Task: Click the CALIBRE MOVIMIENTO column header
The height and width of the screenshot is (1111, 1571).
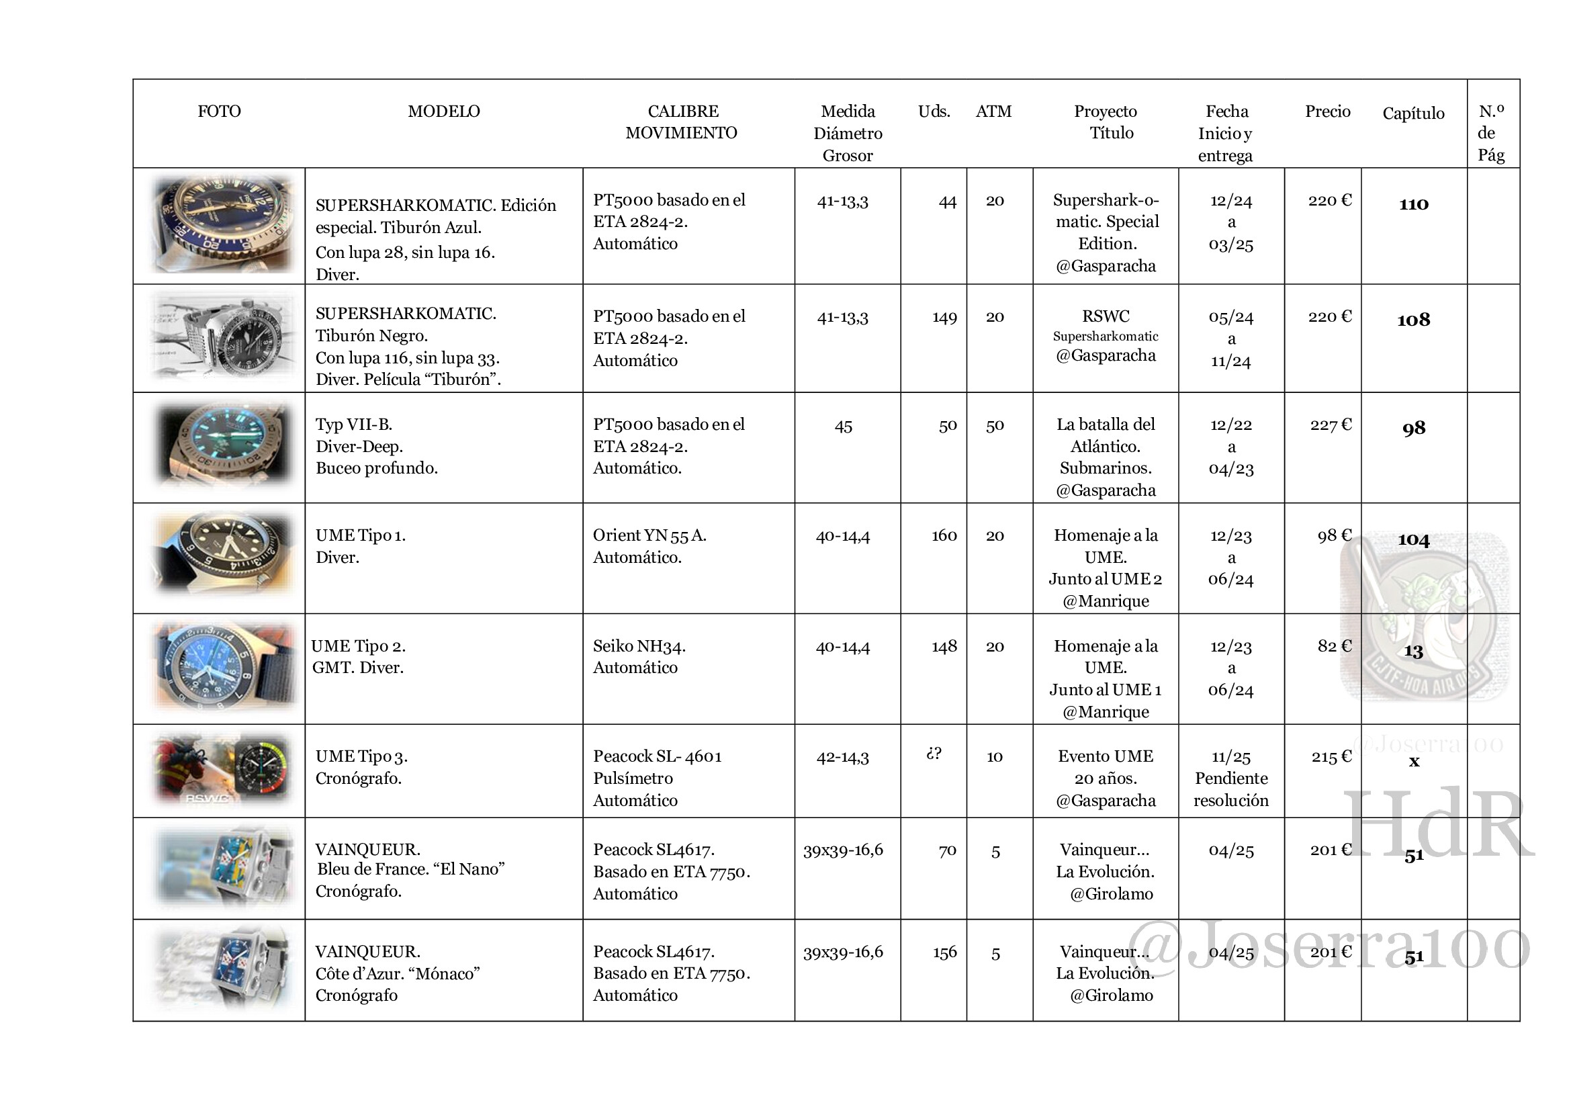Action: (682, 122)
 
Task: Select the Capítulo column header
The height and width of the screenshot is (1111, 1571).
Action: (1413, 114)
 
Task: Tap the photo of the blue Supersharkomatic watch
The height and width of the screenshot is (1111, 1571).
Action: (222, 224)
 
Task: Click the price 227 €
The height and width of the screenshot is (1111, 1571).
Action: (1330, 425)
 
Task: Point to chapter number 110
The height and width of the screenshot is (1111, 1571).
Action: (1414, 204)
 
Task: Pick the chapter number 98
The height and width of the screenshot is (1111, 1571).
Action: (1414, 429)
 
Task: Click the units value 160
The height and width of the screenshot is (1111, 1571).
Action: (944, 535)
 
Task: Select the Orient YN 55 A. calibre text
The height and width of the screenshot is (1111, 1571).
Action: (649, 535)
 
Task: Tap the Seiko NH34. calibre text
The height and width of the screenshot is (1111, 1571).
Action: (639, 646)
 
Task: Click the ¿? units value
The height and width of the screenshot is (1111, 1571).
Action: (934, 753)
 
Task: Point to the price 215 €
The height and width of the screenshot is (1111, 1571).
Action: (1331, 756)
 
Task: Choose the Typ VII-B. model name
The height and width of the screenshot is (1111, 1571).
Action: (354, 424)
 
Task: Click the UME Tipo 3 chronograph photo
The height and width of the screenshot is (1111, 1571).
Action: (222, 770)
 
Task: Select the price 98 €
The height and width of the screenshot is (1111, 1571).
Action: (1335, 535)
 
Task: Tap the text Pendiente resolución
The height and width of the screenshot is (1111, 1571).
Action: (1231, 789)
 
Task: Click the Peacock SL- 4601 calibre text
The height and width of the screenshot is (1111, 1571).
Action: (657, 756)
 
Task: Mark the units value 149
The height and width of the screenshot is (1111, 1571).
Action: (944, 318)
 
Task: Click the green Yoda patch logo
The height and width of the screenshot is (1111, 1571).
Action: (1423, 616)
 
